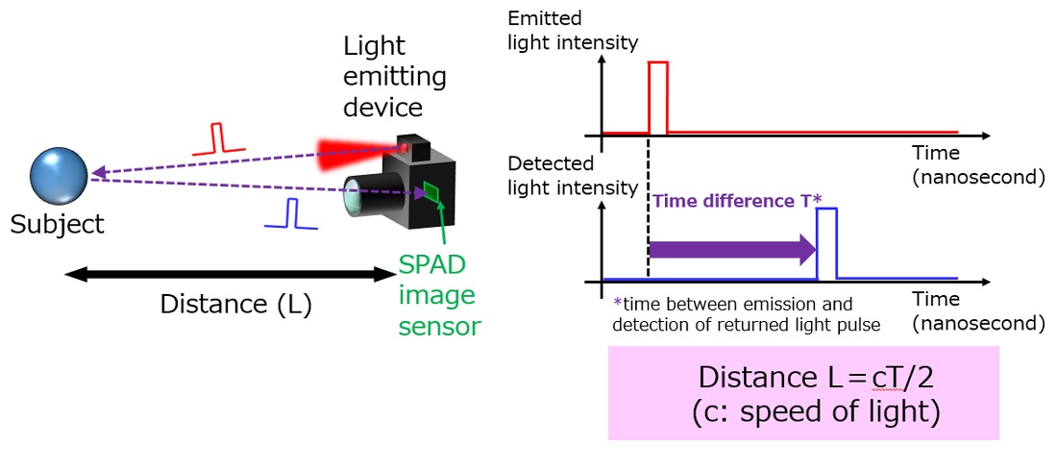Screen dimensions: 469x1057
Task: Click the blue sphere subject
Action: pos(59,176)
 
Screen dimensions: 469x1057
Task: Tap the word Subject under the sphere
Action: pos(57,226)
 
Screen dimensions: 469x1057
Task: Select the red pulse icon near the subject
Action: pos(220,140)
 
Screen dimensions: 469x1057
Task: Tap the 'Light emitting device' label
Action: pos(394,76)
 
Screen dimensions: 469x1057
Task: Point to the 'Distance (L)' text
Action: pos(235,305)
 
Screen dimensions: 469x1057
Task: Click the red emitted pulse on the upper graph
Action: pos(658,96)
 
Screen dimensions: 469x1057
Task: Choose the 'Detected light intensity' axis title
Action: pos(571,176)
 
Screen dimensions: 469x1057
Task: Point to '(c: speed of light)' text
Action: pos(802,413)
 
